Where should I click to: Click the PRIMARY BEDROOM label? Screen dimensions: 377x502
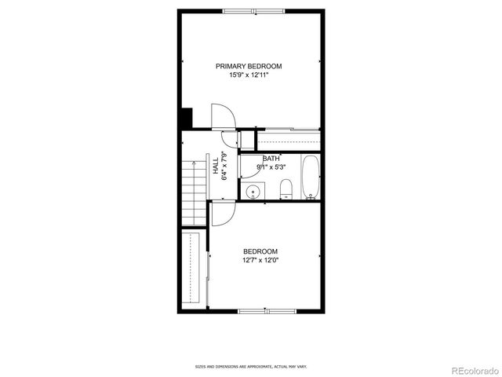tap(249, 66)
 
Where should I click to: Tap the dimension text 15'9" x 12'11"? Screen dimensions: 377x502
tap(249, 75)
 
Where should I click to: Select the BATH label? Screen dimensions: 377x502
tap(271, 159)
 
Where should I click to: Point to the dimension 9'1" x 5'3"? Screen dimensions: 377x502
tap(271, 167)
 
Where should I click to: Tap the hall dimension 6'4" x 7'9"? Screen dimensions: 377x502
tap(224, 167)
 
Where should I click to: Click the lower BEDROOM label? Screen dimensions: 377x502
tap(260, 251)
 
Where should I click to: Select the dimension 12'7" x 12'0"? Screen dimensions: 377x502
tap(260, 260)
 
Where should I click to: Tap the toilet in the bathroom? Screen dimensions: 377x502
tap(286, 188)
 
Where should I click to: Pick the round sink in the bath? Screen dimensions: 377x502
tap(253, 191)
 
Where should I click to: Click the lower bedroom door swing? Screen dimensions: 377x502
tap(221, 214)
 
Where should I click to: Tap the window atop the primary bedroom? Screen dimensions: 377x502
tap(253, 11)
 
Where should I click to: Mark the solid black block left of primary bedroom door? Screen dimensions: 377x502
tap(186, 119)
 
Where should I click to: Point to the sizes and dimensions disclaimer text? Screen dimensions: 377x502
tap(250, 366)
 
